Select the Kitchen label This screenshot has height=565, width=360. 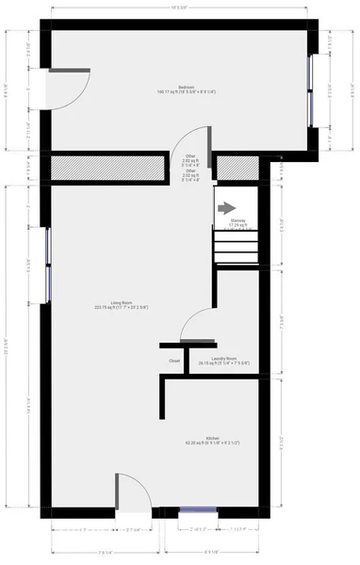(x=212, y=440)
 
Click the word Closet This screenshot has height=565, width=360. (x=174, y=361)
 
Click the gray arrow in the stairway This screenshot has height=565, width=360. (x=226, y=207)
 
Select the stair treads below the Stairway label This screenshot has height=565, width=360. (x=236, y=250)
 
